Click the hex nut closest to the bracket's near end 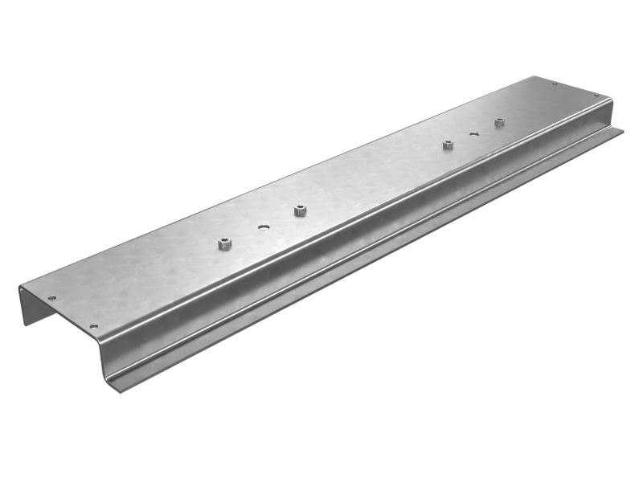(x=225, y=243)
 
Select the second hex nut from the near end (x=299, y=210)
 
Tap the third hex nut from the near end (x=448, y=145)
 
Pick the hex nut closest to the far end (x=499, y=122)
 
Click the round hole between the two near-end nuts (x=263, y=227)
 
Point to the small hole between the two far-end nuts (x=474, y=133)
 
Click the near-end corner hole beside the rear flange (x=52, y=298)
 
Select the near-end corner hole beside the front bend (x=93, y=326)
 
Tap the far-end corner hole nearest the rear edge (x=555, y=84)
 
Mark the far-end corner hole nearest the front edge (x=596, y=96)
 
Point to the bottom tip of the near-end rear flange (x=24, y=324)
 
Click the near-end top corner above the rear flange (x=20, y=287)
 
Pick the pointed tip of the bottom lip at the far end (x=623, y=129)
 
